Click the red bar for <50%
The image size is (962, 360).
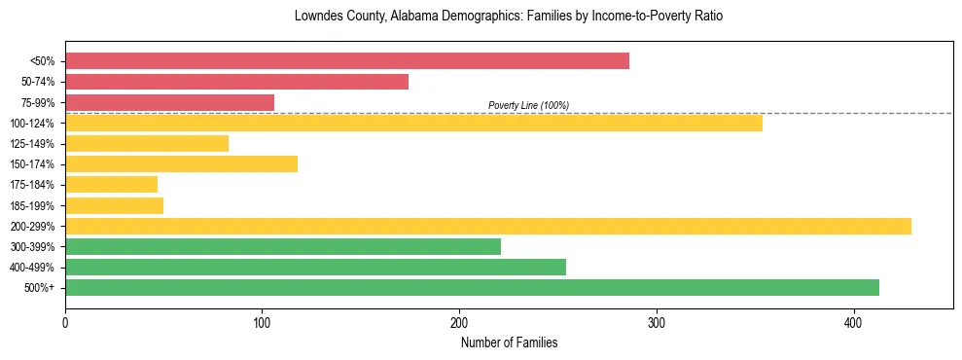(347, 61)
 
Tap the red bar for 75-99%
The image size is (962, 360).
(169, 102)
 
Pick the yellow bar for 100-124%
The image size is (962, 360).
(413, 123)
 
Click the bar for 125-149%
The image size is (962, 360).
(147, 143)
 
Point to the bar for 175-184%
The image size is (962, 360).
(111, 184)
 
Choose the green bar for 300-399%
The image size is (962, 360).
(283, 246)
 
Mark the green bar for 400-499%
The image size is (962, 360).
(315, 267)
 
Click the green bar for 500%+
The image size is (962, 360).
(472, 287)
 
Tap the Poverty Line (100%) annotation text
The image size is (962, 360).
(528, 105)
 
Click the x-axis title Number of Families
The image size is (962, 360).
(509, 342)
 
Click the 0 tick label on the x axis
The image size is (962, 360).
(65, 322)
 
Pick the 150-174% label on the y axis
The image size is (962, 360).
(33, 164)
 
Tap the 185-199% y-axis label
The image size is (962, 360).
(33, 205)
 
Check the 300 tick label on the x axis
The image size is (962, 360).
(657, 322)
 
